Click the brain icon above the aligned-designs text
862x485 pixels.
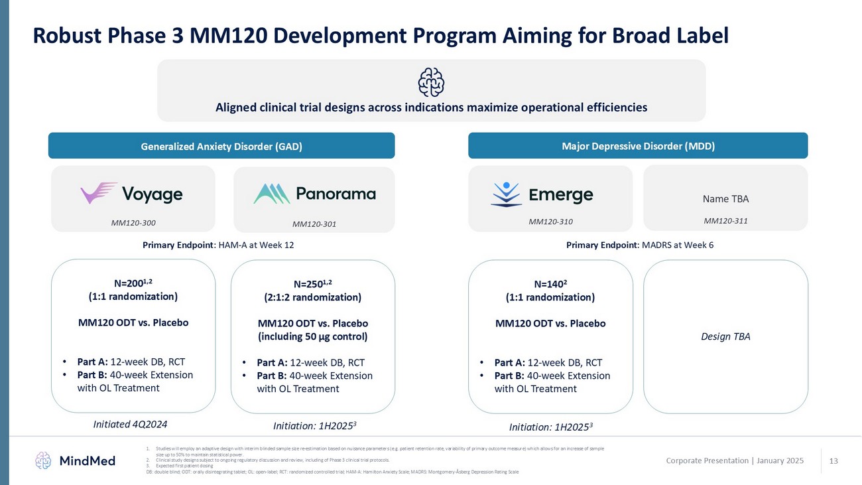coord(431,82)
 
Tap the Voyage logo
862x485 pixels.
coord(131,194)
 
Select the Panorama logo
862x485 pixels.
coord(314,194)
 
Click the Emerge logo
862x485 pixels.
coord(542,194)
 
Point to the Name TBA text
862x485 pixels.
coord(725,198)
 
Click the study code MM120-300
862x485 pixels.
coord(133,222)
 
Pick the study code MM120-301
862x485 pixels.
coord(314,224)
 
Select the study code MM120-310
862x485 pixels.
coord(550,222)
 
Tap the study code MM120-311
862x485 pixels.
coord(725,221)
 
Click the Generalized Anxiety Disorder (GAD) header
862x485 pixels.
coord(221,147)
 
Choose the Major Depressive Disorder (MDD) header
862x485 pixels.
coord(638,147)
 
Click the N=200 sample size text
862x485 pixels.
coord(133,282)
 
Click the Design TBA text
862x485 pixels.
coord(725,336)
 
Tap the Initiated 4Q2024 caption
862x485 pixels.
coord(133,423)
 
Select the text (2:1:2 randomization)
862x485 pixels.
coord(312,297)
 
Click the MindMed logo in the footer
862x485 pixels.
coord(75,460)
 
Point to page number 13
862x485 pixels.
coord(833,460)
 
